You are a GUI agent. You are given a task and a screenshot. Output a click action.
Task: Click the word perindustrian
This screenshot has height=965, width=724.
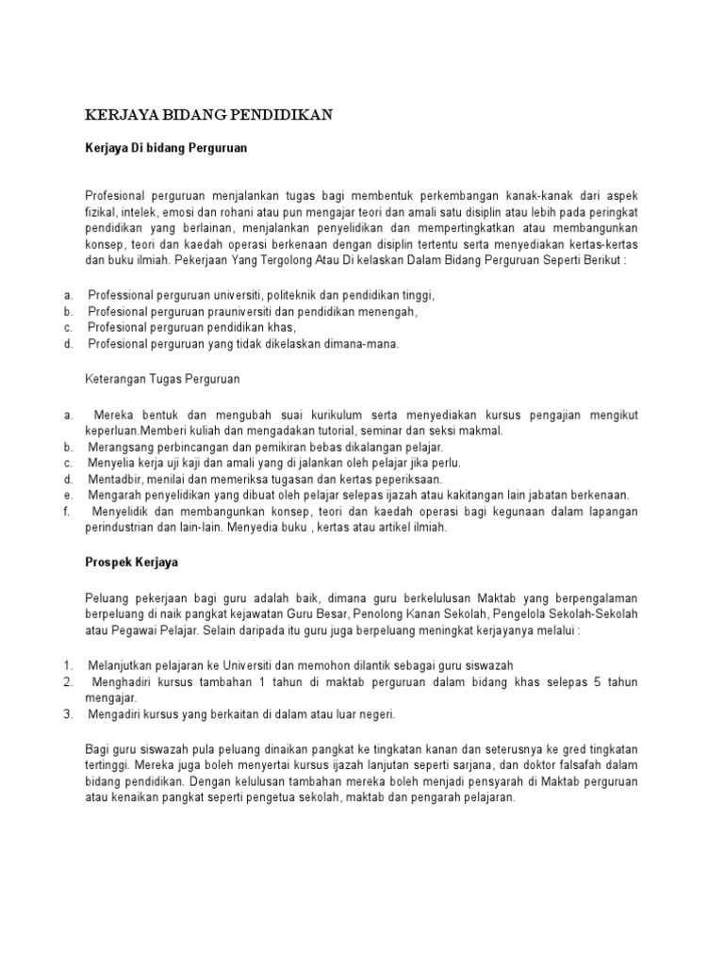122,528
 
